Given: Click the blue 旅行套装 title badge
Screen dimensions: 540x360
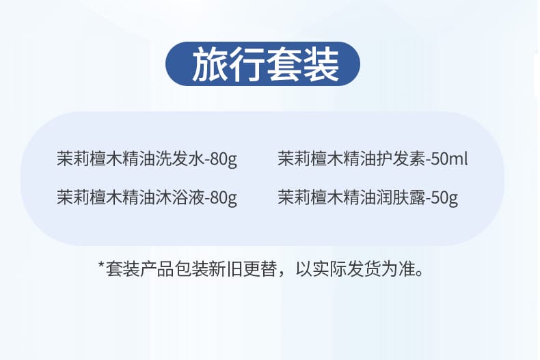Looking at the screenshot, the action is click(x=262, y=64).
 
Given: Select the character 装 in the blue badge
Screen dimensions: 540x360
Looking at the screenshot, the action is click(x=321, y=64).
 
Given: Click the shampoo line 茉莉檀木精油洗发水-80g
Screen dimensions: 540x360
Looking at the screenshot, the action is click(x=147, y=159).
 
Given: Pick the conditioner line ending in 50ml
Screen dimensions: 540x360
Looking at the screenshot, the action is click(x=373, y=159).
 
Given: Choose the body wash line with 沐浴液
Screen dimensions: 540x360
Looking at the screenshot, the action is click(x=147, y=197).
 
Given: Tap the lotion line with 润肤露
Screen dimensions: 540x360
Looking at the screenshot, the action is click(x=368, y=197).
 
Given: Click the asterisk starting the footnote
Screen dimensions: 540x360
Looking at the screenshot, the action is click(x=101, y=265).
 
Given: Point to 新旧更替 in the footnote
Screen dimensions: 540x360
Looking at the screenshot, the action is click(x=243, y=268).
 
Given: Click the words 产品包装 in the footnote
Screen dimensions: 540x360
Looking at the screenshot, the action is click(x=174, y=268).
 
